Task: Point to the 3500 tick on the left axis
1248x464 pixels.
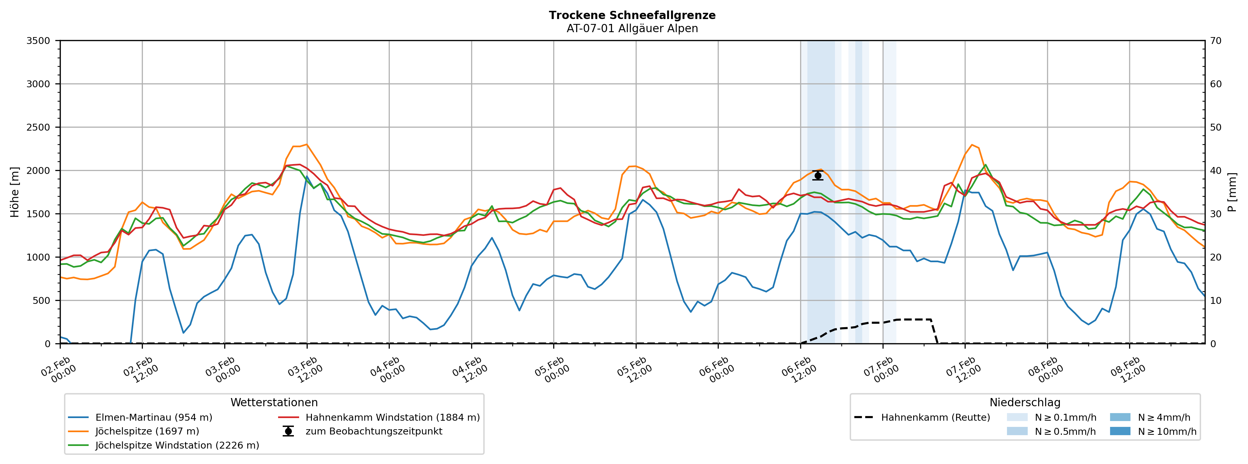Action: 38,41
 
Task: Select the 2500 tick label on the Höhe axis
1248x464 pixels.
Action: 38,127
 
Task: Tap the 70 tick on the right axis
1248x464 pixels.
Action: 1215,41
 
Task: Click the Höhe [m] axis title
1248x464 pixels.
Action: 14,192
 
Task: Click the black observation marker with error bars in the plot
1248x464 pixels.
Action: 818,175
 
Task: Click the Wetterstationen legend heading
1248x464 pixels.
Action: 274,403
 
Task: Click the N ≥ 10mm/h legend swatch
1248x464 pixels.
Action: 1120,432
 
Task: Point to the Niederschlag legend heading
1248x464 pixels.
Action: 1025,403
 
